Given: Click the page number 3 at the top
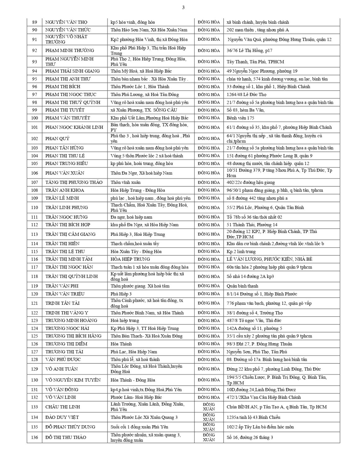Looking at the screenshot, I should coord(183,7).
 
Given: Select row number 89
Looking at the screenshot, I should coord(34,22).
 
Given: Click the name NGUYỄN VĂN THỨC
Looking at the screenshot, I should coord(68,30).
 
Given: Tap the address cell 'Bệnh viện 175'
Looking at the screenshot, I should coord(241,118).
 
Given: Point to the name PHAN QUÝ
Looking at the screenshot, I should coord(57,139).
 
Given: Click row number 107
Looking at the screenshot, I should coord(34,182).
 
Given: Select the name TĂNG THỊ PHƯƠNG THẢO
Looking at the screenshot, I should coord(74,182).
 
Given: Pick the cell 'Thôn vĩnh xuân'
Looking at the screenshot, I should coord(125,182).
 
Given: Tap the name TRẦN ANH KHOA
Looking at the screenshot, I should coord(65,190).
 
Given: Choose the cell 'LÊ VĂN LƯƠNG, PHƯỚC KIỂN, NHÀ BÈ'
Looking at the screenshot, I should coord(269,259).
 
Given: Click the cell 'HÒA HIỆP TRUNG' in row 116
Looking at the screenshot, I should coord(130,259).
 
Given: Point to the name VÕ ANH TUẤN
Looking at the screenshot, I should coord(62,369).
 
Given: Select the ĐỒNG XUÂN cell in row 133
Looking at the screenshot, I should coord(209,407).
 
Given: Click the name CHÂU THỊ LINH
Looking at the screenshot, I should coord(62,407).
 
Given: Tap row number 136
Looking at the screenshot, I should coord(34,437).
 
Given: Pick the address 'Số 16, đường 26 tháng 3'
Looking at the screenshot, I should coord(250,437).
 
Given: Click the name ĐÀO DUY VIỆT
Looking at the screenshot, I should coord(62,417).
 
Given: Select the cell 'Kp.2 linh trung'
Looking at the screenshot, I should coord(241,251).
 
